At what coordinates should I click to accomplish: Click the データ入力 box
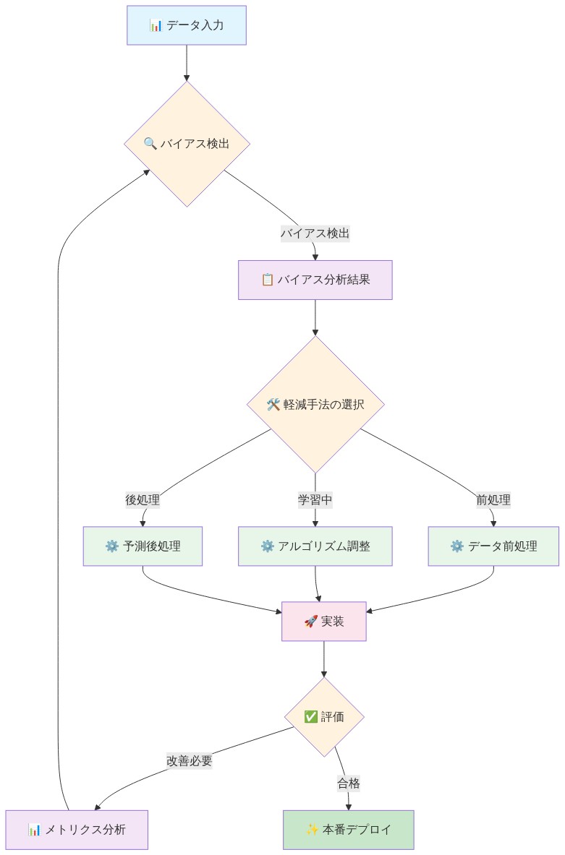[x=187, y=25]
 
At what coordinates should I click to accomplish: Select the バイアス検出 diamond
[x=187, y=144]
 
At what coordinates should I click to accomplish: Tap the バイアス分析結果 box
[x=315, y=280]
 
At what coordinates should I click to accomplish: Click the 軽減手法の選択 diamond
[x=315, y=405]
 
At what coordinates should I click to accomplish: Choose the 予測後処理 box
[x=143, y=546]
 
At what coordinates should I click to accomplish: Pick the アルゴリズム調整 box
[x=315, y=546]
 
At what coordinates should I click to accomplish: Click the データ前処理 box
[x=493, y=546]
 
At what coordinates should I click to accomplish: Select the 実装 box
[x=323, y=621]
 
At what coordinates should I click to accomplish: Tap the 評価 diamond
[x=323, y=717]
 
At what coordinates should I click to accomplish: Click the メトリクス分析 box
[x=77, y=829]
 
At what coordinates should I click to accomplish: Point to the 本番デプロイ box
[x=348, y=829]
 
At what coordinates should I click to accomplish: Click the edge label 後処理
[x=143, y=499]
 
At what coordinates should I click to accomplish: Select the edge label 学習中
[x=315, y=499]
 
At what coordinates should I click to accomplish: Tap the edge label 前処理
[x=493, y=499]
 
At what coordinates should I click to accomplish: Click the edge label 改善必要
[x=190, y=760]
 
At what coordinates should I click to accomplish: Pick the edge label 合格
[x=348, y=783]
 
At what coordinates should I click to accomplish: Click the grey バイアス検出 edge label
[x=315, y=233]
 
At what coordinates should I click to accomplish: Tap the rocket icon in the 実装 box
[x=311, y=621]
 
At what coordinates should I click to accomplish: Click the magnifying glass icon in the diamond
[x=150, y=144]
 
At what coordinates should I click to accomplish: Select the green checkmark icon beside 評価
[x=310, y=717]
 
